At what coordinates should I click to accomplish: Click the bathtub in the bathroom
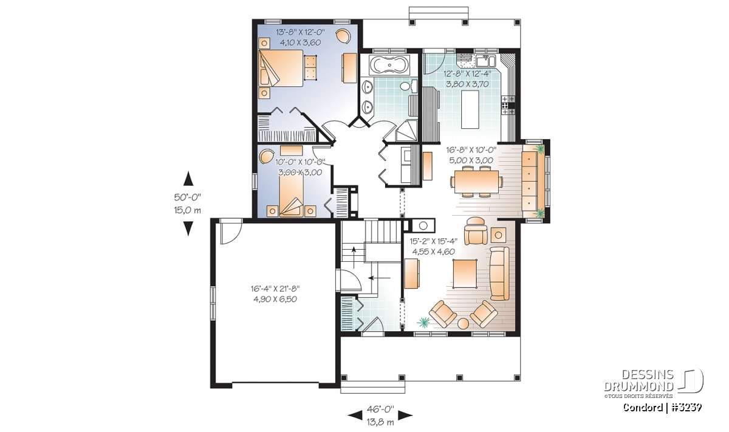point(389,66)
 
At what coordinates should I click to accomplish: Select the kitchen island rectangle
point(470,109)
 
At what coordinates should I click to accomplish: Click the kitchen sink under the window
point(485,61)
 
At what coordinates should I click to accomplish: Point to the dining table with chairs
point(476,181)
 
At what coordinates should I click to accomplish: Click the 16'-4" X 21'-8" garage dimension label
point(275,289)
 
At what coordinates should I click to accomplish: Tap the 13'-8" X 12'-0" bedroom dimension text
point(300,32)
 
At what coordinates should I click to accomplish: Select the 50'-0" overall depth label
point(188,197)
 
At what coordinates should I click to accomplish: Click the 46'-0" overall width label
point(380,408)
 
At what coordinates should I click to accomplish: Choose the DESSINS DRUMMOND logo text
point(638,380)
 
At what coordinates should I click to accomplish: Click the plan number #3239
point(687,407)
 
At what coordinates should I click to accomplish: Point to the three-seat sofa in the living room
point(499,273)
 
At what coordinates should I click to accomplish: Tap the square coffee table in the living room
point(465,273)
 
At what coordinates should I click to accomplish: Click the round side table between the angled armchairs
point(463,324)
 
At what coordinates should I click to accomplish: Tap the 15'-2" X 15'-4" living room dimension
point(434,241)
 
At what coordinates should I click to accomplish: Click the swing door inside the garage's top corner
point(231,231)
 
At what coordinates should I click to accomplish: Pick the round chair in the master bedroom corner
point(343,36)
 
